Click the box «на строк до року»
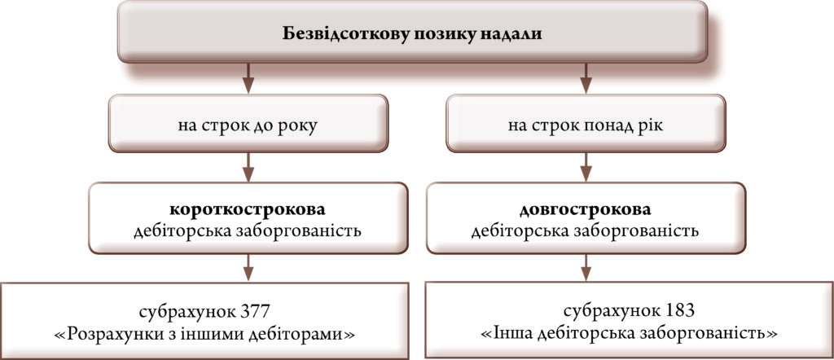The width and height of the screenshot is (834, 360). coord(248,123)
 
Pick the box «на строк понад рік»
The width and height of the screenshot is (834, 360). coord(586,123)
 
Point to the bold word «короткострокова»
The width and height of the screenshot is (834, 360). coord(248,209)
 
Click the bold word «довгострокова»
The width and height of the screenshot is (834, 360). coord(585,209)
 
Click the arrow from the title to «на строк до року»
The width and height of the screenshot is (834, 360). coord(248,78)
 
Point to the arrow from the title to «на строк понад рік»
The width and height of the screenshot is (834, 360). coord(586,78)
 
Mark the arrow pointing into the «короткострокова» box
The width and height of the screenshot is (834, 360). coord(248,167)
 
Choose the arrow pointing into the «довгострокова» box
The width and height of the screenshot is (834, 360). coord(586,167)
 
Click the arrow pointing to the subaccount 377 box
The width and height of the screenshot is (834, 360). coord(248,267)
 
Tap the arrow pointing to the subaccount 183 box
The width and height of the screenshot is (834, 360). coord(586,267)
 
